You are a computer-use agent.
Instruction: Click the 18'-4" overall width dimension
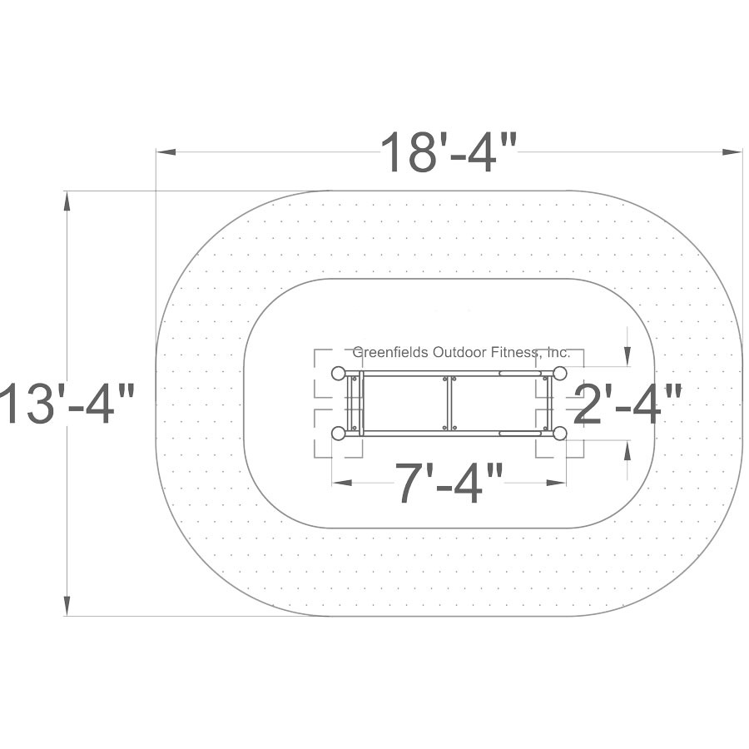coord(449,152)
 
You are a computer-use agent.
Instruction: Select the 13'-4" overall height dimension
coord(67,403)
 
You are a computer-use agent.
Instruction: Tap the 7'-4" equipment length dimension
coord(449,483)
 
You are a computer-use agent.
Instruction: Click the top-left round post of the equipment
coord(339,373)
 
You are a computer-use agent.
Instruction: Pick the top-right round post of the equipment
coord(559,373)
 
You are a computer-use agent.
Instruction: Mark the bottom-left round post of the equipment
coord(339,434)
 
